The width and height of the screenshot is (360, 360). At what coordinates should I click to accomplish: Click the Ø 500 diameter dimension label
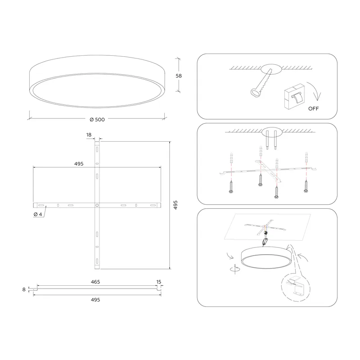(97, 119)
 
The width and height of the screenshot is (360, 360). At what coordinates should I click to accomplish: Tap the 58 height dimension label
(179, 76)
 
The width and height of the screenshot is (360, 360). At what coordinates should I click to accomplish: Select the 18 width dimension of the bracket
(89, 135)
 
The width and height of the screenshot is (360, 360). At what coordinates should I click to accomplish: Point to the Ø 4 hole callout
(38, 214)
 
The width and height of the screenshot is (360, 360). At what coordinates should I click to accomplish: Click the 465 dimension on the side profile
(95, 282)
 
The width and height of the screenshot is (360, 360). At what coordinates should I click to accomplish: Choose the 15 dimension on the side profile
(159, 282)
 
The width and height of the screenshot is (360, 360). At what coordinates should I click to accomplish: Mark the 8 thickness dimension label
(24, 289)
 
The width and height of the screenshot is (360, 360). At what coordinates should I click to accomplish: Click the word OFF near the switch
(313, 108)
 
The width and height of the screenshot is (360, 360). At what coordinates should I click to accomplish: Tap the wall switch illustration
(295, 96)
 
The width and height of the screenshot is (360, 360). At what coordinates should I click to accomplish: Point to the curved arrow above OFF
(315, 90)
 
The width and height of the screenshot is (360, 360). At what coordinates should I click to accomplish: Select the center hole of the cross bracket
(97, 205)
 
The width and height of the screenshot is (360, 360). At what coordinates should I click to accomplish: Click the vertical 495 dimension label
(175, 205)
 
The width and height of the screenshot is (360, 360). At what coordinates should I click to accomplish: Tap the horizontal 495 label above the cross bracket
(79, 164)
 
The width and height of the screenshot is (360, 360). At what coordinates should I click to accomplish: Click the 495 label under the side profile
(95, 300)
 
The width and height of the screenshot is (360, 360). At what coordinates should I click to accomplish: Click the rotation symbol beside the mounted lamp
(234, 269)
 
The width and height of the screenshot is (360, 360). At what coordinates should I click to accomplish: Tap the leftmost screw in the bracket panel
(231, 187)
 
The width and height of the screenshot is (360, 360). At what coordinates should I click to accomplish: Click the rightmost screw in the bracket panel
(306, 186)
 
